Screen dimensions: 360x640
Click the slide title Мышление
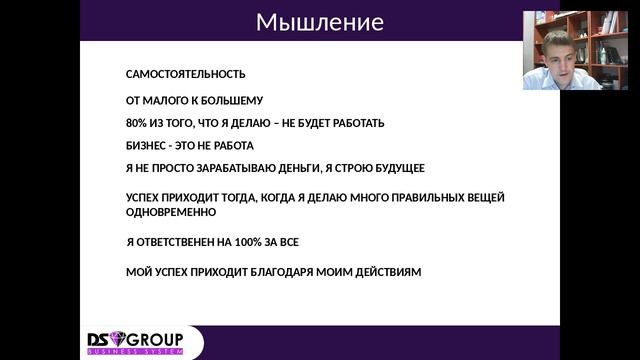coord(319,22)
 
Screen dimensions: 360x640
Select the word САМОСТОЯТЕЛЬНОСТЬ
coord(185,75)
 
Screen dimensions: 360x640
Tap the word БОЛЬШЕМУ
coord(229,101)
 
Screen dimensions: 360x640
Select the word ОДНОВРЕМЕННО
coord(170,212)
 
